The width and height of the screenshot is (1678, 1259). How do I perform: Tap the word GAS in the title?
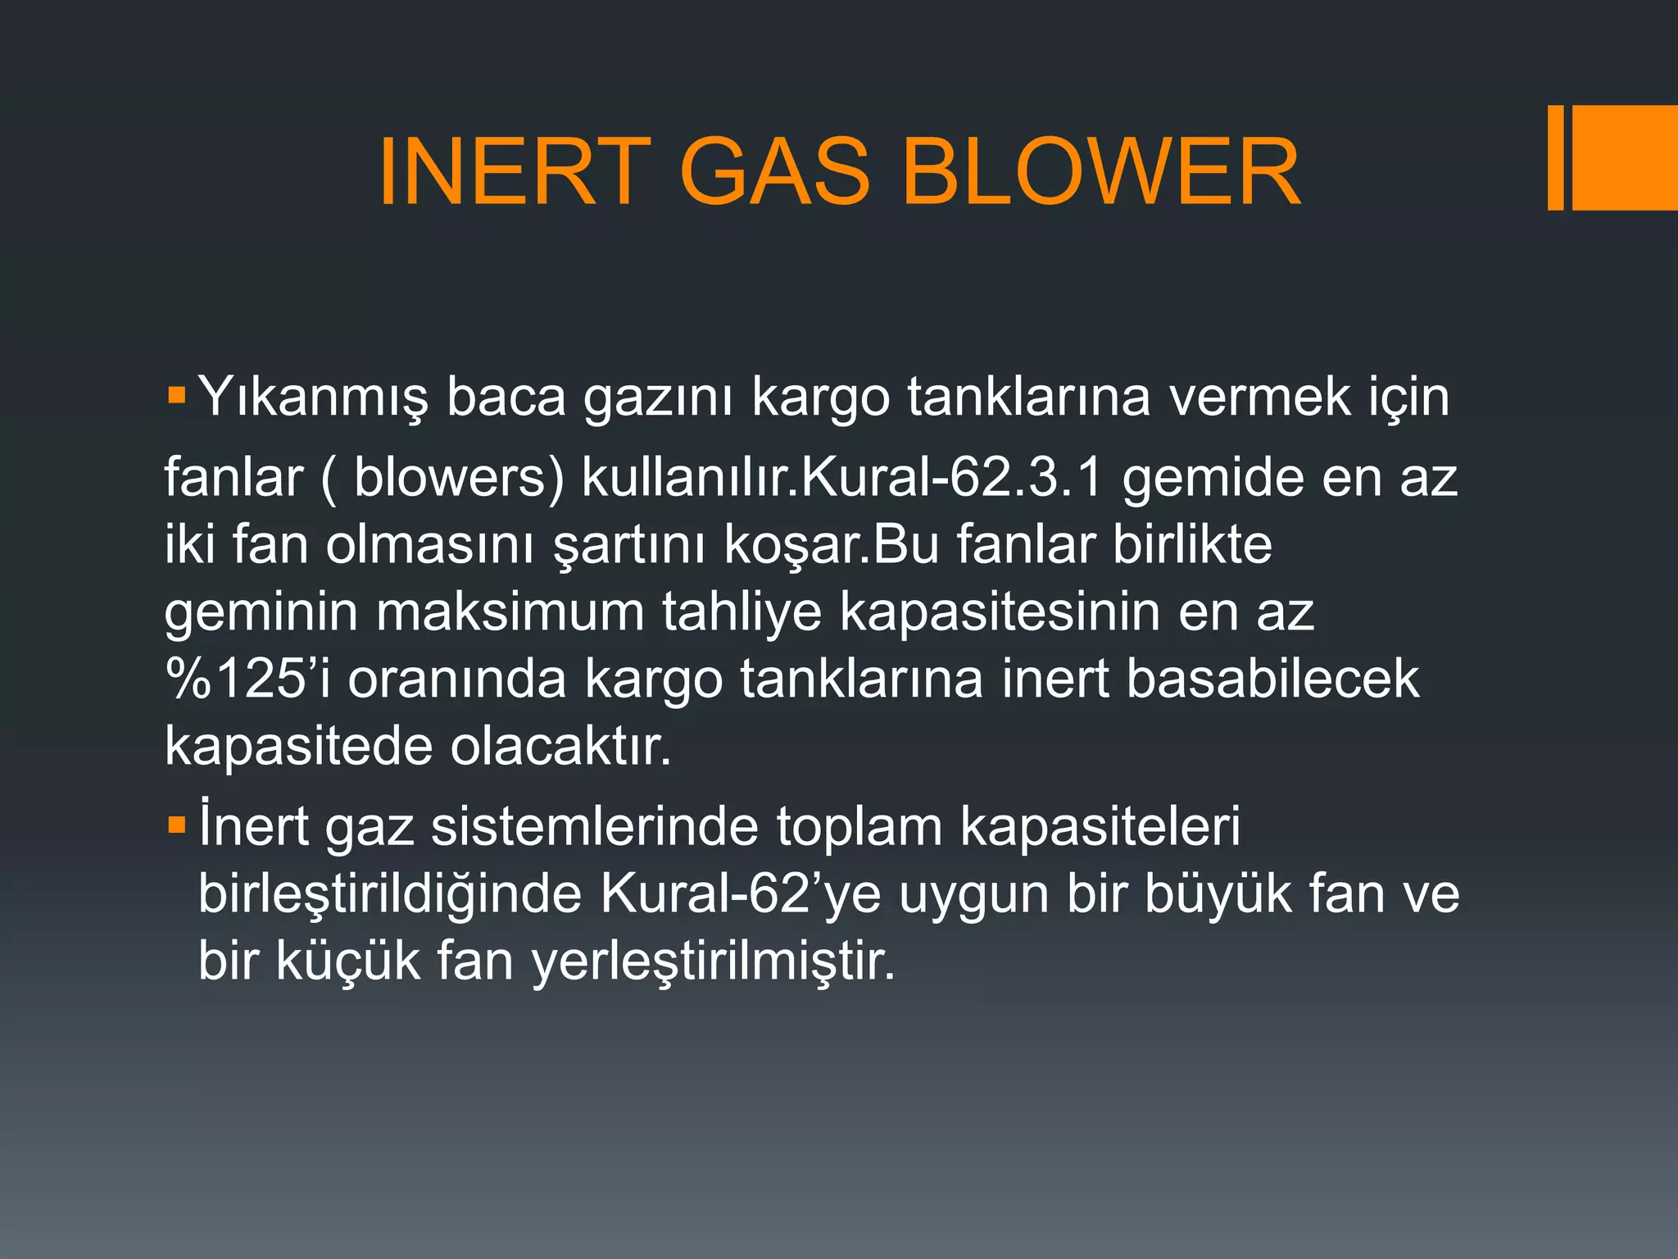[774, 172]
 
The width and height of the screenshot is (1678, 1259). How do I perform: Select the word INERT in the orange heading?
[515, 172]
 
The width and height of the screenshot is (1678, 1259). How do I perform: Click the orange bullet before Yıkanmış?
[176, 395]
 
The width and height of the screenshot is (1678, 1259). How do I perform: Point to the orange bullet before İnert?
[176, 824]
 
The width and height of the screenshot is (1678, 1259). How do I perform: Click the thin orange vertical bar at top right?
[1555, 157]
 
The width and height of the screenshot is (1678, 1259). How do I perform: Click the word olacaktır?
[560, 747]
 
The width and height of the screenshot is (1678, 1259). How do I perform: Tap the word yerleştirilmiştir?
[713, 962]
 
